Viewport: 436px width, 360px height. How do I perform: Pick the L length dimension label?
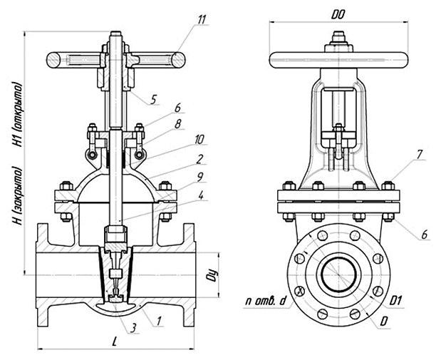pos(114,342)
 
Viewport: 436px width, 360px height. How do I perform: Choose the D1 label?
pos(398,302)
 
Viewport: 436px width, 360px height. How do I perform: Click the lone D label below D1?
pos(385,322)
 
